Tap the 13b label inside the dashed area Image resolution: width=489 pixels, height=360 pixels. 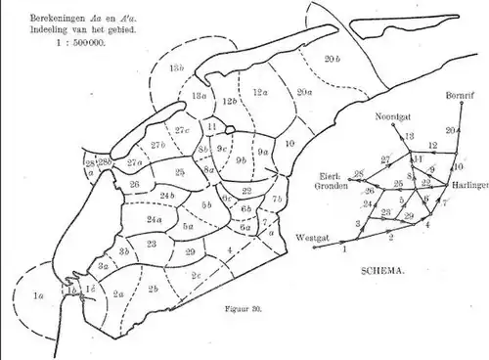pyautogui.click(x=177, y=67)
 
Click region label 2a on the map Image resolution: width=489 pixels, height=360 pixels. pyautogui.click(x=118, y=292)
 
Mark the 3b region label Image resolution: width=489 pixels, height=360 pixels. pyautogui.click(x=124, y=251)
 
